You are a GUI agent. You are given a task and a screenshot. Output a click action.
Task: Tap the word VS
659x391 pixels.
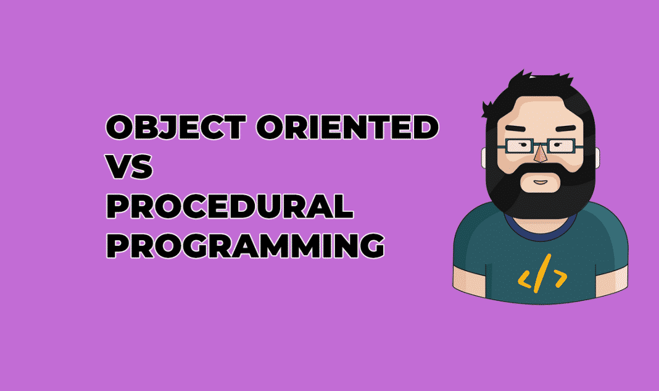tap(129, 168)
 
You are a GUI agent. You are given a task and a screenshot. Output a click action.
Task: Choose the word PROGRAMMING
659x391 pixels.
tap(245, 246)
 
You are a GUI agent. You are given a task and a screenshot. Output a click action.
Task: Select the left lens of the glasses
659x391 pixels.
tap(519, 146)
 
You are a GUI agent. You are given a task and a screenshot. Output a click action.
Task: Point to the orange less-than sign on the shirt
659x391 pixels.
tap(526, 280)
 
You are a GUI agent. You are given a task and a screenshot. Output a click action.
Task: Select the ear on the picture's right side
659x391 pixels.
tap(598, 158)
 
